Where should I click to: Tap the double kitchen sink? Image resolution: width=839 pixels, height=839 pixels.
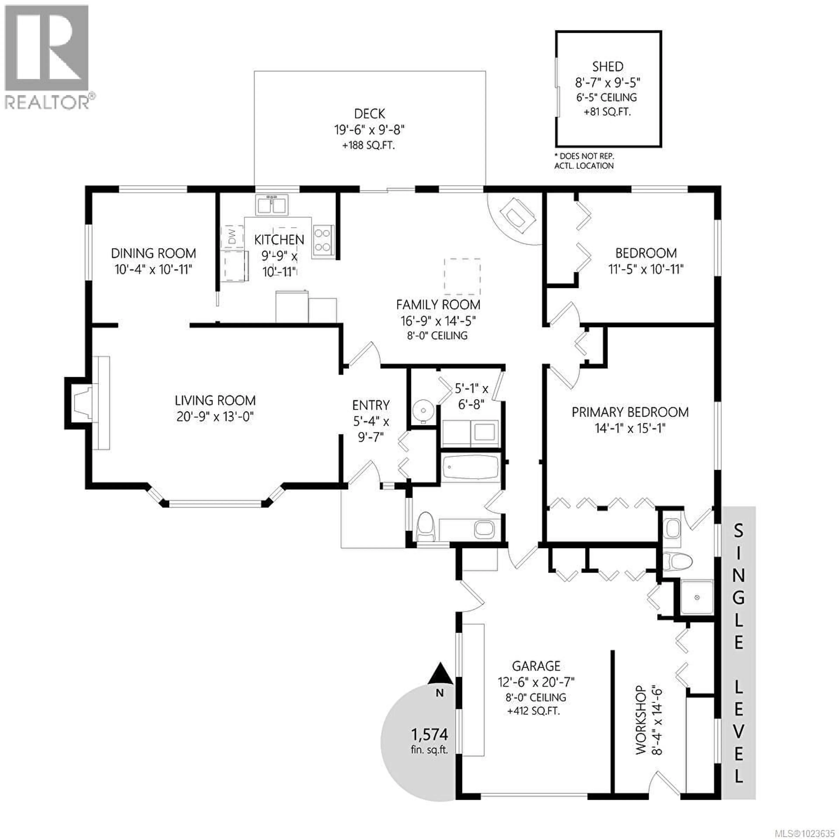click(x=271, y=205)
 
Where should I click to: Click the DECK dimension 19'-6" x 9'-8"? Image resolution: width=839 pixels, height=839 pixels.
click(x=369, y=129)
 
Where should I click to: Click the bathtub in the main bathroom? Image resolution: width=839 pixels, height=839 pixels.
click(x=470, y=468)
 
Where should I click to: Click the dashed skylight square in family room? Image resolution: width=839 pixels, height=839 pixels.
click(x=462, y=276)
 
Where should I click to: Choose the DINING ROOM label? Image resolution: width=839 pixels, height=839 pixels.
click(x=153, y=253)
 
